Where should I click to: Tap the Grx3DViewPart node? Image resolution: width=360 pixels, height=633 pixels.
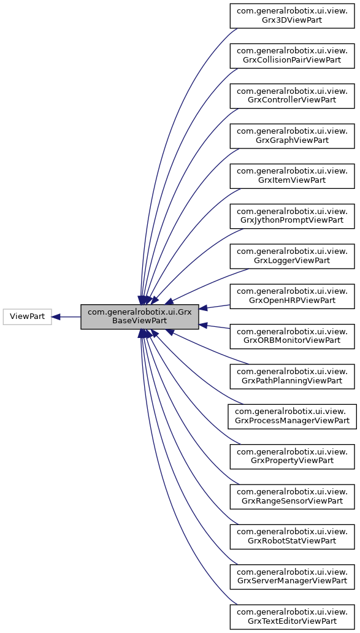pos(292,15)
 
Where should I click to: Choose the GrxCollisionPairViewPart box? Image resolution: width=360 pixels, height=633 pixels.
pos(292,55)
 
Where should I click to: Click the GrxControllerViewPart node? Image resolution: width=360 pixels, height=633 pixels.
pos(292,95)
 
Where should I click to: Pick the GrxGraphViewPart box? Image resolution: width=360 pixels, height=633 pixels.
pos(292,135)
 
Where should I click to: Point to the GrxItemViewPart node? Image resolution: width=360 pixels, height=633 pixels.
pos(292,175)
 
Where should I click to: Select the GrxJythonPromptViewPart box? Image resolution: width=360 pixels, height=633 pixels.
pos(292,215)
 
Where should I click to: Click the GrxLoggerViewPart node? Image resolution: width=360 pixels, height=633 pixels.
pos(292,255)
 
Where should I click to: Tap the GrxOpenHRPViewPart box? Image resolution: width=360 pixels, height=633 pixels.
pos(292,296)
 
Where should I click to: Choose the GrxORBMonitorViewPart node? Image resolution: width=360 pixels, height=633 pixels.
pos(292,336)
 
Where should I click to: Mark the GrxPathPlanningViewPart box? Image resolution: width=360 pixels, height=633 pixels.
pos(292,375)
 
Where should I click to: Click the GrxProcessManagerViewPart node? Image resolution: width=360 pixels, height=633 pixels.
pos(292,416)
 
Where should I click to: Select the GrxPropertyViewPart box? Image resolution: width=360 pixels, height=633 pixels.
pos(292,456)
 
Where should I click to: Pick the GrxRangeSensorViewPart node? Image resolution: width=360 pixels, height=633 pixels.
pos(292,496)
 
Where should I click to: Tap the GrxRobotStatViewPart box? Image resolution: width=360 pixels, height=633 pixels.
pos(292,536)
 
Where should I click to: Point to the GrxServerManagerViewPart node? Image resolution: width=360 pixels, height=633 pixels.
pos(292,576)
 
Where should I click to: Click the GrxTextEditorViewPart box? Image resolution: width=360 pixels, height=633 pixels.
pos(292,616)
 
